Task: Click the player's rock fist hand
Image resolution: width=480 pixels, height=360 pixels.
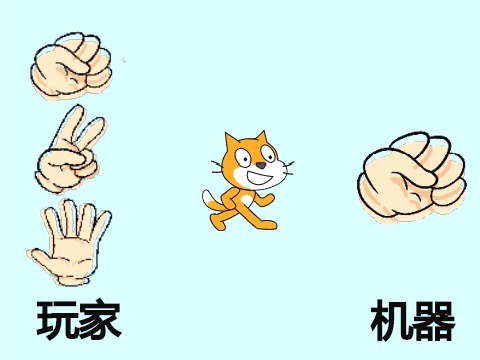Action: tap(71, 67)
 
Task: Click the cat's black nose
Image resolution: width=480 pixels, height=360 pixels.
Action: tap(262, 165)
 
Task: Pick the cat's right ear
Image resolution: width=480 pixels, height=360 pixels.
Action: tap(261, 137)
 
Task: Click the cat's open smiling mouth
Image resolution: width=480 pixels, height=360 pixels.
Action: tap(263, 177)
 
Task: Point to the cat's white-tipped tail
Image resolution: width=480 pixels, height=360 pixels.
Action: tap(212, 201)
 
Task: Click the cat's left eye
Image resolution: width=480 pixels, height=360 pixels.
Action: tap(243, 158)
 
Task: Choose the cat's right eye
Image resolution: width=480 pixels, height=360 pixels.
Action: tap(269, 152)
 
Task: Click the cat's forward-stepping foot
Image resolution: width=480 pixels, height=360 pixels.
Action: tap(267, 225)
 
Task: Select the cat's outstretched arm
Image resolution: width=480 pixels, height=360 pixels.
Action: tap(264, 199)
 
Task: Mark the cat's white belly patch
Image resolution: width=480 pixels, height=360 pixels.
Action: tap(247, 201)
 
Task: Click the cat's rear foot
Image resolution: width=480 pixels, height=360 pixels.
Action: tap(217, 223)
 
